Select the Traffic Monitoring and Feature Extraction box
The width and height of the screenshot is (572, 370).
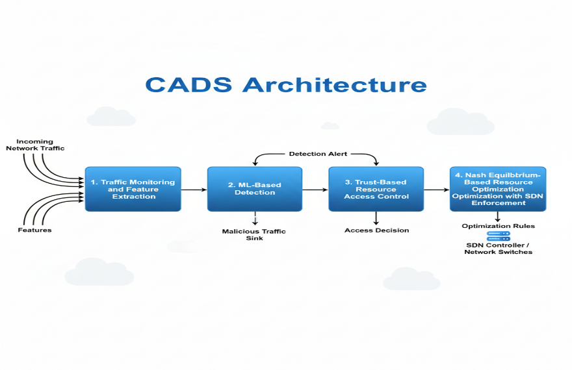pos(133,189)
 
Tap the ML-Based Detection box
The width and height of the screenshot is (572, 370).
pos(255,189)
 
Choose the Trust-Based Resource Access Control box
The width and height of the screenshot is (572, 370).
pos(376,189)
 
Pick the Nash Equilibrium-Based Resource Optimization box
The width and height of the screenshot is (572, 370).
pos(498,189)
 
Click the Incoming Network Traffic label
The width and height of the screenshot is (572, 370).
pos(35,145)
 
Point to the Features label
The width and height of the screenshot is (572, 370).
pos(35,230)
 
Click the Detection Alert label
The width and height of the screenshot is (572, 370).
pos(318,154)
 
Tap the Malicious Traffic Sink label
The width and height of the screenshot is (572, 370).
pos(253,235)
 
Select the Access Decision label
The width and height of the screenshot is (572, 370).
pos(377,230)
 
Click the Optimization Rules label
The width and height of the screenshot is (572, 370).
pos(499,226)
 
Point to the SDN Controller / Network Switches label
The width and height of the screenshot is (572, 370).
pos(499,249)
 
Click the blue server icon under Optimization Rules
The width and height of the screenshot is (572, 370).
pos(499,236)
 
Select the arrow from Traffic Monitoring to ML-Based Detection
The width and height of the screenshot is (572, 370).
pos(194,190)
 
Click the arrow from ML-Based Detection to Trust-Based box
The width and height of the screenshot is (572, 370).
pos(315,190)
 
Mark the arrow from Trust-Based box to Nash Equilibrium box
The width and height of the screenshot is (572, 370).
pos(437,190)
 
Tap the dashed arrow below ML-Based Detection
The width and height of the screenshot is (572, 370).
pos(255,219)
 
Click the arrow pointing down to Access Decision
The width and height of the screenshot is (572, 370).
pos(376,218)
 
